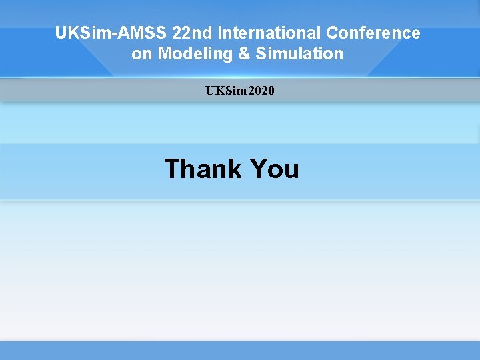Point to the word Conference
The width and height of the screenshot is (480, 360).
click(373, 33)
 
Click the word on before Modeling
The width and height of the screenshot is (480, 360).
click(142, 54)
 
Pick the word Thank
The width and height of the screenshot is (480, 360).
click(203, 169)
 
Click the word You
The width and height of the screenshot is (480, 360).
click(274, 169)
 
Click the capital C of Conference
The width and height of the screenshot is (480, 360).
click(333, 33)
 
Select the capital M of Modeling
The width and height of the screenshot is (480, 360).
click(164, 54)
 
